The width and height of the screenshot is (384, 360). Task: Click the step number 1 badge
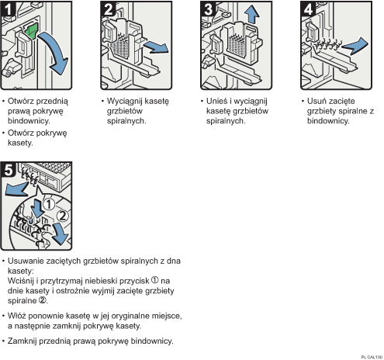[x=8, y=9]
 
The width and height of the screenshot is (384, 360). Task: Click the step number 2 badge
[x=108, y=9]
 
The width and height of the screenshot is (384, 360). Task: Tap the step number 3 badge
[x=208, y=9]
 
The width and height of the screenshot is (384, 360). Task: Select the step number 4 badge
[x=308, y=9]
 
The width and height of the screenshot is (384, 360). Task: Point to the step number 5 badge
[x=9, y=170]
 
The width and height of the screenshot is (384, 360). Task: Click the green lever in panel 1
[x=31, y=31]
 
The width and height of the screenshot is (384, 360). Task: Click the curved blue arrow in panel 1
[x=57, y=52]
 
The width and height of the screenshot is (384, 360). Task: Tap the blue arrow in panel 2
[x=156, y=47]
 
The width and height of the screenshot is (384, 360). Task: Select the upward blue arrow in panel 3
[x=251, y=14]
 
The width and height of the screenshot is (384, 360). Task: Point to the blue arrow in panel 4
[x=355, y=46]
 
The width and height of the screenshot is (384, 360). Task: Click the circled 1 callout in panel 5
[x=49, y=204]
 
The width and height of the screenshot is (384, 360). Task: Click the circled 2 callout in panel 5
[x=63, y=216]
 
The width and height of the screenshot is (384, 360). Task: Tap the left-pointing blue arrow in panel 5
[x=16, y=189]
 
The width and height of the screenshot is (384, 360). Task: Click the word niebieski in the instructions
[x=100, y=281]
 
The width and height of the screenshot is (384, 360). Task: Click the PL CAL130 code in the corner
[x=372, y=357]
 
